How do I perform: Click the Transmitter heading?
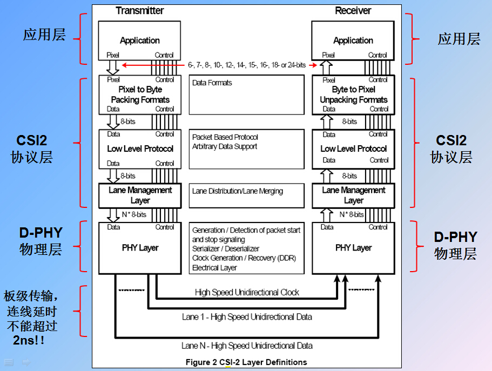[x=139, y=10]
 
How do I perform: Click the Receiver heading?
[x=353, y=10]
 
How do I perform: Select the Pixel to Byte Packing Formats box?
[x=140, y=95]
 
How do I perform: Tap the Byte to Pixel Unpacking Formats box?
[x=353, y=95]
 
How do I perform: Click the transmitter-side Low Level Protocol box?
[x=140, y=149]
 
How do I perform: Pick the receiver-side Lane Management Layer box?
[x=353, y=195]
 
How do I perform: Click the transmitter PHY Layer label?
[x=140, y=248]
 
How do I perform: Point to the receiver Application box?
[x=353, y=41]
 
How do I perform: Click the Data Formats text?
[x=212, y=83]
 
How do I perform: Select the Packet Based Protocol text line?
[x=225, y=137]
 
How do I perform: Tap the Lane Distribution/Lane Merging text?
[x=238, y=191]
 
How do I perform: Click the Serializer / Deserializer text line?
[x=226, y=249]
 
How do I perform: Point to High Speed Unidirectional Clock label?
[x=247, y=292]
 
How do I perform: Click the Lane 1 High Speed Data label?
[x=247, y=317]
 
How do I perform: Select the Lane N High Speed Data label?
[x=247, y=346]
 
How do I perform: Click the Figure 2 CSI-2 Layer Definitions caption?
[x=246, y=362]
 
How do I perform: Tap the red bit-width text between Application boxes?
[x=247, y=65]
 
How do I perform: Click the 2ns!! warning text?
[x=29, y=340]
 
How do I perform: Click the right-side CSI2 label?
[x=451, y=140]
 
